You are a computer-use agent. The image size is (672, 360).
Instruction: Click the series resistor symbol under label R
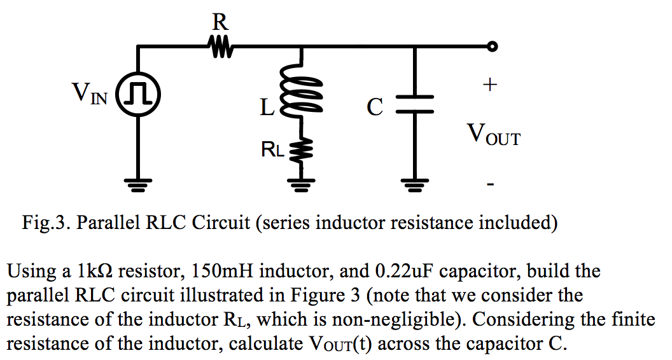pos(220,46)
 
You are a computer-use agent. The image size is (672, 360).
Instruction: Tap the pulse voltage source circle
pos(137,95)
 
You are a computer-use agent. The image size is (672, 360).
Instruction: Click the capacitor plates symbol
pos(415,105)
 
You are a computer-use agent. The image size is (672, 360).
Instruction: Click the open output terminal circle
pos(491,46)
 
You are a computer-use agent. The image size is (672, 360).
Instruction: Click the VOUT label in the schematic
pos(493,134)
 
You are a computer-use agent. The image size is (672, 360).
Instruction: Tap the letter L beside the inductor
pos(267,107)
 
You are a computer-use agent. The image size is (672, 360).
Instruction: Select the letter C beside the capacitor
pos(375,107)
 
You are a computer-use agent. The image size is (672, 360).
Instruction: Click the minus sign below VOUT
pos(489,184)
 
